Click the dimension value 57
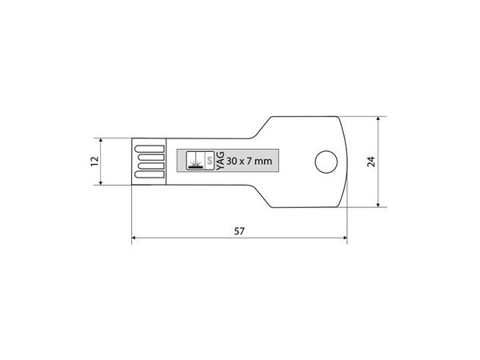[238, 231]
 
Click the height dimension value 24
[370, 162]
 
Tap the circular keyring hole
[325, 162]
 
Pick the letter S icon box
[210, 162]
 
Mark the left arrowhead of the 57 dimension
[134, 238]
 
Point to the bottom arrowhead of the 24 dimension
[380, 206]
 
